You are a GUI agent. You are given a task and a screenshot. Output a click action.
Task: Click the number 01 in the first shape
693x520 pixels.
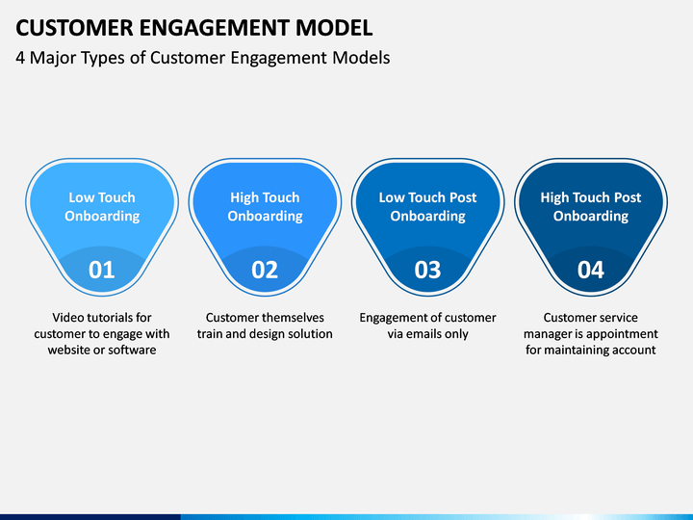(102, 270)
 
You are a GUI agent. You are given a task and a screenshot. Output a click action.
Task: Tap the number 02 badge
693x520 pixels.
(265, 270)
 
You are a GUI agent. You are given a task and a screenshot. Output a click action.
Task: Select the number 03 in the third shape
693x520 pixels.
(427, 270)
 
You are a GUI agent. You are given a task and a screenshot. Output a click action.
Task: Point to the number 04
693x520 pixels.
(590, 270)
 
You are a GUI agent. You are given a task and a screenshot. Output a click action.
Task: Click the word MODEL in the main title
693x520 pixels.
(334, 27)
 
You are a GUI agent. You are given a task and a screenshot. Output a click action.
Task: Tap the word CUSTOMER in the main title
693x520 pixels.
(74, 27)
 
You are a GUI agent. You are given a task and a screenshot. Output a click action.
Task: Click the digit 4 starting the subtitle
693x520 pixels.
(20, 58)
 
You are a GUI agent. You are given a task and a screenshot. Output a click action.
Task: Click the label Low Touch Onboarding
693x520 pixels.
(102, 206)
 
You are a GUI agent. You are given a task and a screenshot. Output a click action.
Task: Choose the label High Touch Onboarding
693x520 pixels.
(265, 206)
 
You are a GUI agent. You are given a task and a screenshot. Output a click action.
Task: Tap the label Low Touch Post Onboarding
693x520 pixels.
(427, 206)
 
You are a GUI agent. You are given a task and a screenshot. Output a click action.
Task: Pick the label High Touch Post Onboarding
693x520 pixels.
(590, 206)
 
